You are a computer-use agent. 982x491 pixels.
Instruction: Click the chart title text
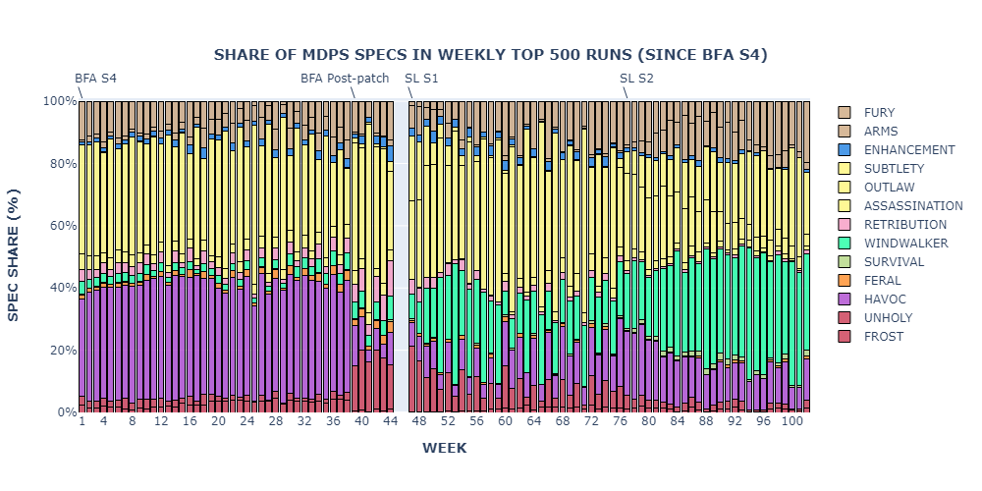click(x=490, y=54)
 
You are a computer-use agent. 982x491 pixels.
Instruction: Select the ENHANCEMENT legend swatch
click(x=845, y=150)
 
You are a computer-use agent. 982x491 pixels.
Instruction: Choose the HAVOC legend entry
click(x=884, y=300)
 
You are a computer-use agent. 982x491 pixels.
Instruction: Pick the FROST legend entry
click(x=883, y=337)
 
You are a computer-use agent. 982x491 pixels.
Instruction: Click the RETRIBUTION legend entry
click(x=904, y=225)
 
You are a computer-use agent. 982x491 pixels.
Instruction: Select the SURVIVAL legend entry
click(x=894, y=262)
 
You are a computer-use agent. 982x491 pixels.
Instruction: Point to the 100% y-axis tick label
click(x=59, y=101)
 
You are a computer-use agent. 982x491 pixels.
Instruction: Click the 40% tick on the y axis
click(x=62, y=288)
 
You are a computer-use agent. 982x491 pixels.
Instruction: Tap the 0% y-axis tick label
click(x=65, y=412)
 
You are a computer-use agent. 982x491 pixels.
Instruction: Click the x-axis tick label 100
click(x=791, y=420)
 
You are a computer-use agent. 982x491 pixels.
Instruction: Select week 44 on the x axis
click(x=390, y=420)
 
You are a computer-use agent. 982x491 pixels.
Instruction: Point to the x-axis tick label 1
click(x=82, y=420)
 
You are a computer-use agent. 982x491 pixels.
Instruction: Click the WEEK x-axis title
click(x=444, y=448)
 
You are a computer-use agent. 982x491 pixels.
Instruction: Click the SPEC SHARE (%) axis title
click(x=14, y=255)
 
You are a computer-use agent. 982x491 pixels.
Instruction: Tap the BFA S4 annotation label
click(x=95, y=79)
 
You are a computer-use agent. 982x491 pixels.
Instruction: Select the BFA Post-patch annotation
click(x=345, y=79)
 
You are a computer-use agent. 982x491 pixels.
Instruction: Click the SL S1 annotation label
click(x=421, y=79)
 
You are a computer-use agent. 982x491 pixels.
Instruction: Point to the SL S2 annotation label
click(x=636, y=79)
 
